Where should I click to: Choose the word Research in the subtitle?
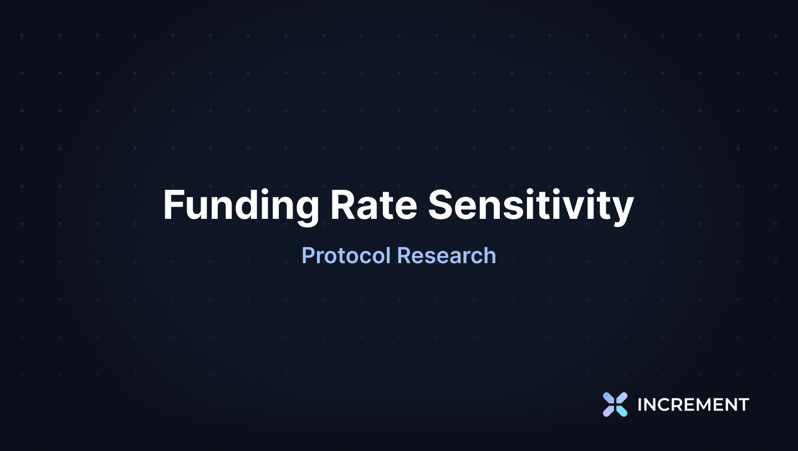447,255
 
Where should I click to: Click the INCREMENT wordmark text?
693,405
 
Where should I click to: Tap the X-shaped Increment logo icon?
615,404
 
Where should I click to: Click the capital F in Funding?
173,205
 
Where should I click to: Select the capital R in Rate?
344,205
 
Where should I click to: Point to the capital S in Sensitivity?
441,205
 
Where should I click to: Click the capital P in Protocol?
308,255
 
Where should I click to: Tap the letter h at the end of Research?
490,255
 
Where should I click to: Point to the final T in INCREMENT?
743,405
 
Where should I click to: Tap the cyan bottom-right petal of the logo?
622,411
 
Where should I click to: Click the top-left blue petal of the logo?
608,398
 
